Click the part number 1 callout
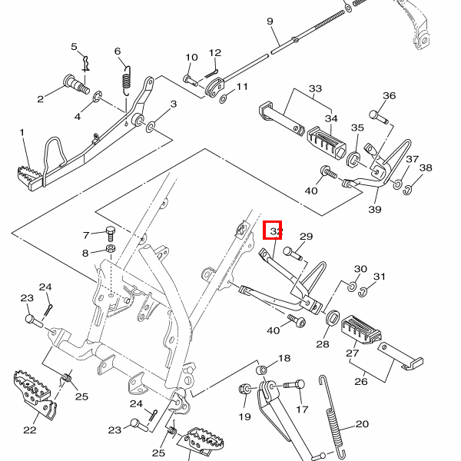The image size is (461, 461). tap(22, 132)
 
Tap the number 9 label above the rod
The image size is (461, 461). tap(270, 22)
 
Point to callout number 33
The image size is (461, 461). tap(315, 89)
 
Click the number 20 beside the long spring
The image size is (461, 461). tap(363, 423)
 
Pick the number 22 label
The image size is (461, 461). tap(30, 429)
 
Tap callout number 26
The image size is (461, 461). tap(360, 380)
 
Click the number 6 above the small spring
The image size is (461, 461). tap(118, 51)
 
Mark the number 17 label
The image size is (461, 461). tap(302, 410)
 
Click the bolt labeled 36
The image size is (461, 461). tap(376, 115)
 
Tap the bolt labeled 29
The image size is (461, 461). tap(290, 250)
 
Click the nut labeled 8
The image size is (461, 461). tap(110, 250)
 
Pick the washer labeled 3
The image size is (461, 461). tap(149, 123)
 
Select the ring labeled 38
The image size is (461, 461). tap(410, 188)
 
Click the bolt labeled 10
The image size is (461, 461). tap(189, 78)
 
